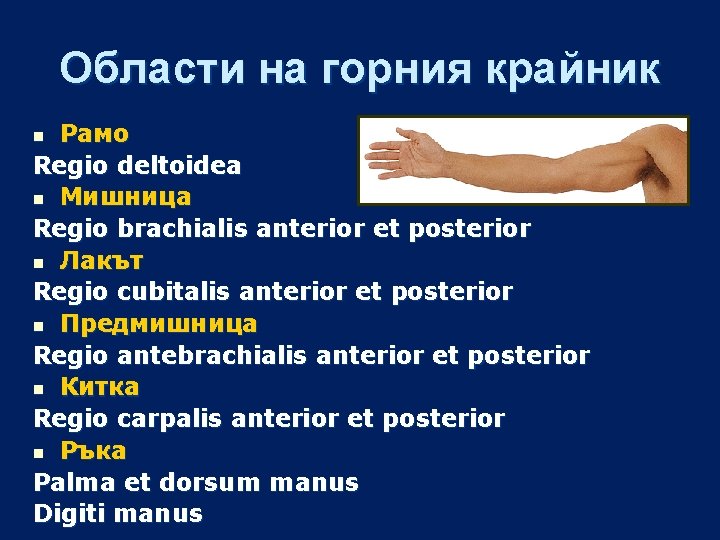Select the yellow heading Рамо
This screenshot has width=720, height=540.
pyautogui.click(x=94, y=133)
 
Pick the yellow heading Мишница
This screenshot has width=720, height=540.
pyautogui.click(x=125, y=197)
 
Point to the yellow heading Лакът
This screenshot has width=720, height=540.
pyautogui.click(x=101, y=261)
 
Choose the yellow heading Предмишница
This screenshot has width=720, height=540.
pyautogui.click(x=158, y=324)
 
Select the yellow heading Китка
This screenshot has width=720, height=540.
pyautogui.click(x=99, y=387)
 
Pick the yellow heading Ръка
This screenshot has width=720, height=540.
pyautogui.click(x=93, y=451)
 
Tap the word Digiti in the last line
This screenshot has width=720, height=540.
pyautogui.click(x=70, y=515)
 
